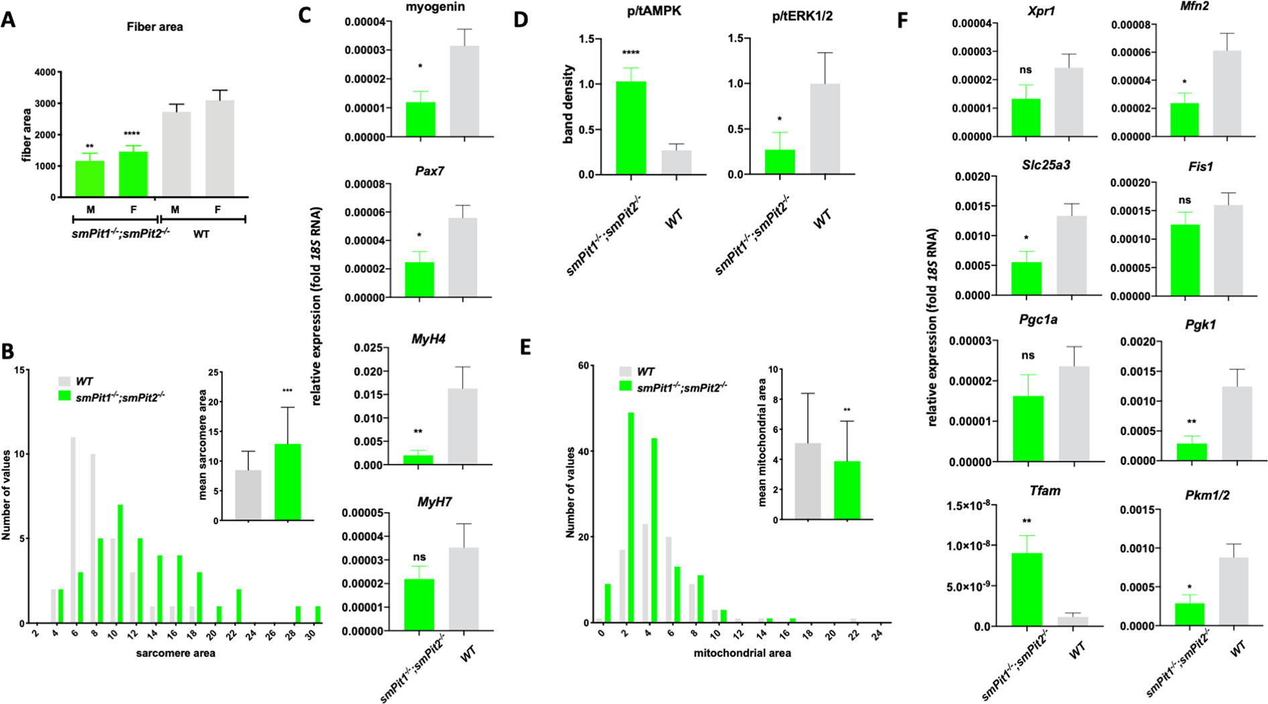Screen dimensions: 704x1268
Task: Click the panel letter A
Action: (9, 19)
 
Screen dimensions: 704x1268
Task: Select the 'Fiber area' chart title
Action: (155, 27)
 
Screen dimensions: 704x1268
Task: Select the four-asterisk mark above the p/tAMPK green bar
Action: (630, 54)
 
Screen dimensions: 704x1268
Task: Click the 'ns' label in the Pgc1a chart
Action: (1027, 355)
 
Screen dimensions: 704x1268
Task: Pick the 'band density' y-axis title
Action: (569, 105)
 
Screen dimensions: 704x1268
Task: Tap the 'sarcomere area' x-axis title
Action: (176, 652)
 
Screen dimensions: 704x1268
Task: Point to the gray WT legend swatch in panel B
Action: (64, 381)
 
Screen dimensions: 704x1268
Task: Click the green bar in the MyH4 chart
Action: (419, 459)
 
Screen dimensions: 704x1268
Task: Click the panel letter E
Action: (525, 347)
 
